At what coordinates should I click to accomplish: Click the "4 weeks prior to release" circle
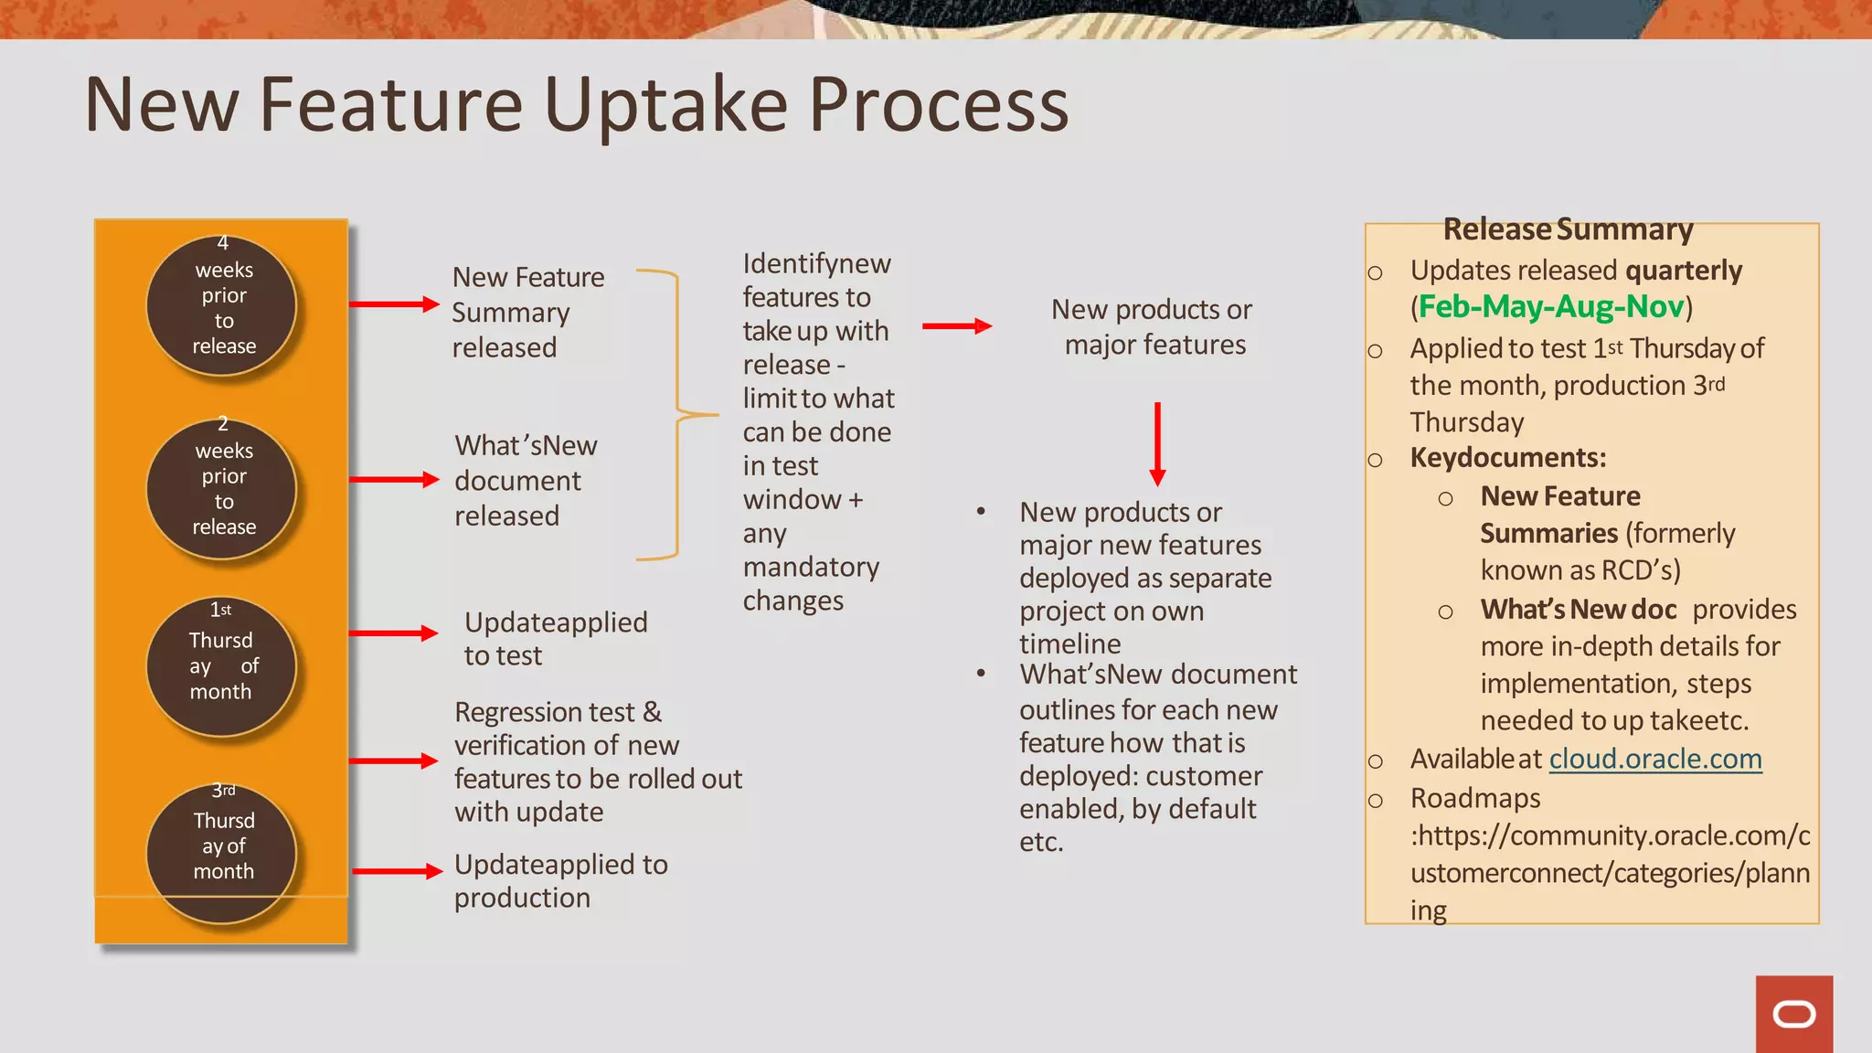[x=222, y=305]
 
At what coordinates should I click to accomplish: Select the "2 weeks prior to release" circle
[x=222, y=488]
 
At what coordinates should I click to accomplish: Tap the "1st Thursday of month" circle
[x=222, y=666]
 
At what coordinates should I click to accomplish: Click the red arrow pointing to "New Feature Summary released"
[x=394, y=304]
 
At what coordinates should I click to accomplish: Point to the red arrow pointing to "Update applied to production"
[x=397, y=871]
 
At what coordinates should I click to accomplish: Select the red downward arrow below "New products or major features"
[x=1157, y=444]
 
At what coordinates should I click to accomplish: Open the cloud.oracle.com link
[x=1655, y=759]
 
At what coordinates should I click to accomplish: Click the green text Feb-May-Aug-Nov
[x=1551, y=306]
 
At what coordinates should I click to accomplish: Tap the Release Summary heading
[x=1568, y=229]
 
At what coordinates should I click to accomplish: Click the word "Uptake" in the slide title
[x=665, y=105]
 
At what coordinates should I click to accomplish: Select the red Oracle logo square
[x=1793, y=1014]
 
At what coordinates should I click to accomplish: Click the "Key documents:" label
[x=1508, y=457]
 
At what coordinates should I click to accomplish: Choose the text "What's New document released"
[x=526, y=480]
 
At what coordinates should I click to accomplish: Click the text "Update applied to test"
[x=555, y=638]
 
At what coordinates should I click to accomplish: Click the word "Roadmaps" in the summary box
[x=1475, y=798]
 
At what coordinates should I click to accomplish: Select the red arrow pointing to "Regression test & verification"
[x=394, y=760]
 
